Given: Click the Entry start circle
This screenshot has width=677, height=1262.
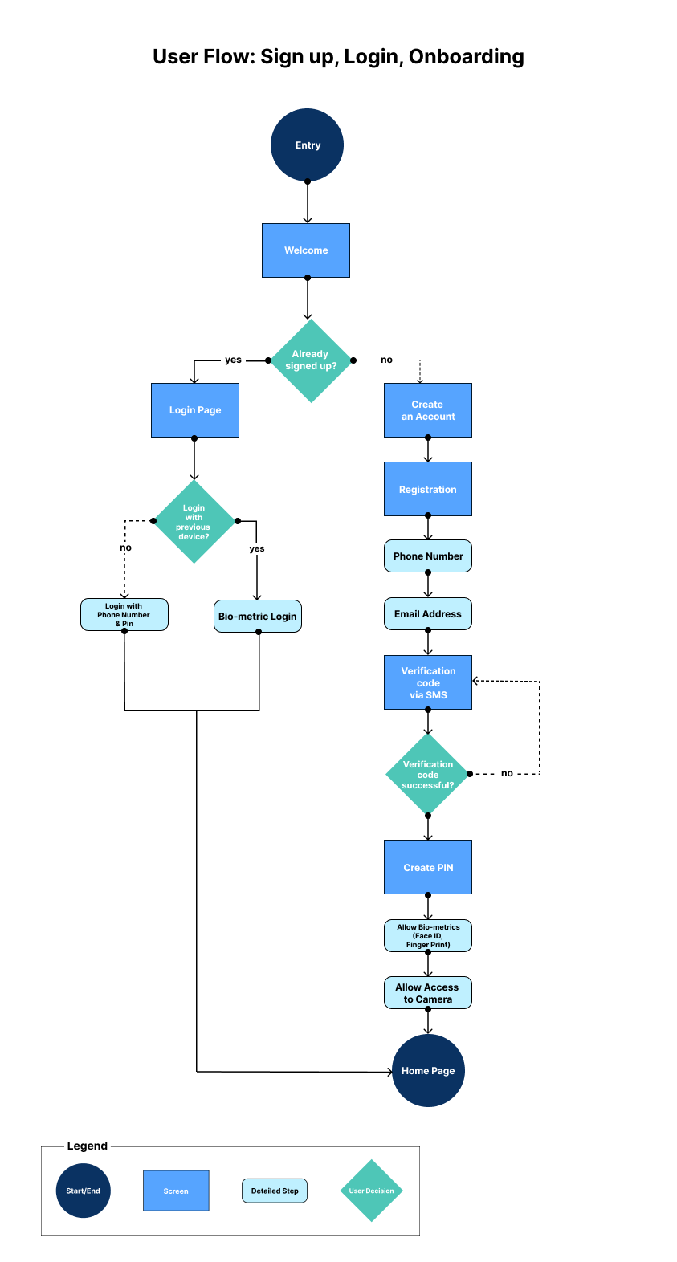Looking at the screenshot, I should [x=307, y=145].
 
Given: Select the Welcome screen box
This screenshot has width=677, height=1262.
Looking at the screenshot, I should [x=306, y=250].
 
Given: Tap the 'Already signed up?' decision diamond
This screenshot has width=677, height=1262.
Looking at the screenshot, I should [x=311, y=360].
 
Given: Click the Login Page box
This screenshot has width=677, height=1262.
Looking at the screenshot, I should [x=195, y=410].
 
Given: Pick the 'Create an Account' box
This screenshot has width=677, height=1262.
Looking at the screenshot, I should [x=428, y=410].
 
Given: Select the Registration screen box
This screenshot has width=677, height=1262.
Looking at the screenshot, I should [x=428, y=489].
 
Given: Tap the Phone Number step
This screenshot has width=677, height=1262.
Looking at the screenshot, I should [x=428, y=556].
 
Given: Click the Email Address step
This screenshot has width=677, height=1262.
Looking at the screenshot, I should [x=428, y=614].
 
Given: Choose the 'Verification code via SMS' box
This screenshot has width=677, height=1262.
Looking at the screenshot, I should [x=428, y=682].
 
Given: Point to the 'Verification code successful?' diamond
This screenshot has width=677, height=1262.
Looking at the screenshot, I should [x=427, y=775].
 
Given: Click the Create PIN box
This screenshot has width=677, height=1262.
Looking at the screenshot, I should [x=428, y=867].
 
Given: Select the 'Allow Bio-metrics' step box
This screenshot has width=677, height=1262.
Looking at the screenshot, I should [x=428, y=936].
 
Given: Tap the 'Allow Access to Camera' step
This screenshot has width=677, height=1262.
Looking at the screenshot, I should [x=428, y=993].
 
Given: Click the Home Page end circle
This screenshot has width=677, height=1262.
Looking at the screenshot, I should [x=428, y=1070].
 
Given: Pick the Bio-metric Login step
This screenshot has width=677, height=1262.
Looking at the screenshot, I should [x=258, y=617].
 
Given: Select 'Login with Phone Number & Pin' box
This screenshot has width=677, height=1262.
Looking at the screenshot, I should [x=124, y=615].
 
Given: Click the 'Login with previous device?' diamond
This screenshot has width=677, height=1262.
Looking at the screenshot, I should [x=194, y=522].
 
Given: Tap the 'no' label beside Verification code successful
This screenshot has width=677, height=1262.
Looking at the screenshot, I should [x=507, y=774].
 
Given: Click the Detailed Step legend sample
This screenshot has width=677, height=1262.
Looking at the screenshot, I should [x=275, y=1191].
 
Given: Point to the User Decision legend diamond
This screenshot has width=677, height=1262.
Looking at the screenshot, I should [x=371, y=1191].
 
